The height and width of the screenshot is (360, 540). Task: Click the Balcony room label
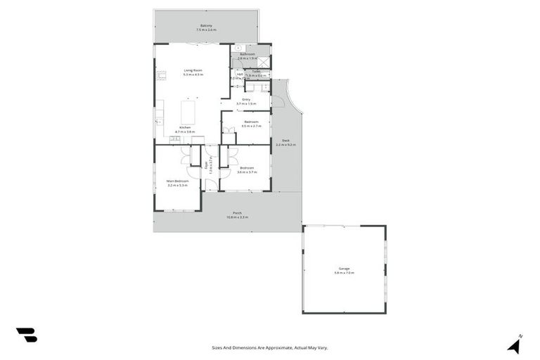coord(207,26)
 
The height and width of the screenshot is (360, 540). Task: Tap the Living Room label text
coord(193,70)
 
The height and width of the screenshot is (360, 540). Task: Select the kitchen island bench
coord(188,112)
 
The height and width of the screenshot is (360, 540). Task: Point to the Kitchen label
coord(185,128)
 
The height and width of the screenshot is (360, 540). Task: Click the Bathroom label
coord(247,54)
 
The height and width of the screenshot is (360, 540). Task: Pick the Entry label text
coord(247,99)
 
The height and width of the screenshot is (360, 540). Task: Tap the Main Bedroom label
coord(176,181)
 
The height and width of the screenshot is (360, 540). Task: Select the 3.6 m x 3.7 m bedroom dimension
coord(247,172)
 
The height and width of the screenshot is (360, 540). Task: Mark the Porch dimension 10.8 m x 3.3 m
coord(237,217)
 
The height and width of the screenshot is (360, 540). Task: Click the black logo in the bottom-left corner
coord(27,335)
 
